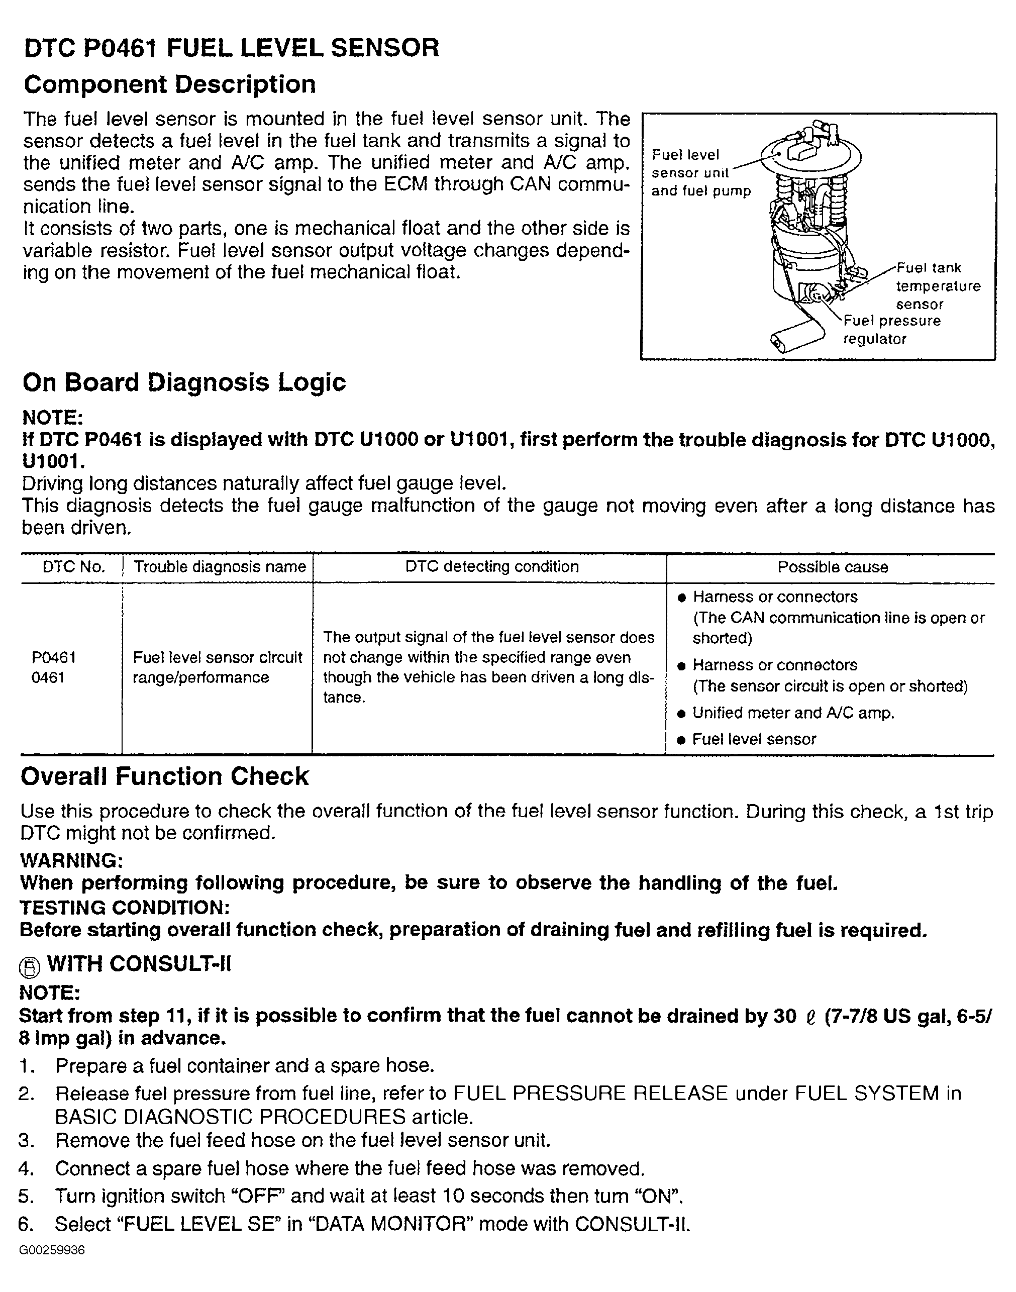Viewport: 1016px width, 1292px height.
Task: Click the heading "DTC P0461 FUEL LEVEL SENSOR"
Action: (x=232, y=48)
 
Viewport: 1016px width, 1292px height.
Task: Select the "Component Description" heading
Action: (x=169, y=84)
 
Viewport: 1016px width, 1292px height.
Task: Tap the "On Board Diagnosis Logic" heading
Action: (x=184, y=382)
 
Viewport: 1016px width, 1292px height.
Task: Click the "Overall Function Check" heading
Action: (x=165, y=776)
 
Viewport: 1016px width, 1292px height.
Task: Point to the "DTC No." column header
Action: (x=74, y=567)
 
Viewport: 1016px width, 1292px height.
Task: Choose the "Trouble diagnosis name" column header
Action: (x=220, y=567)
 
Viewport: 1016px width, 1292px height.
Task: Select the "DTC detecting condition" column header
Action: (x=492, y=567)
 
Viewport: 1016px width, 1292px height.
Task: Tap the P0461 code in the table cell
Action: (x=54, y=657)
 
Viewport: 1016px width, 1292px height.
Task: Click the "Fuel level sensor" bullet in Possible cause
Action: (x=754, y=739)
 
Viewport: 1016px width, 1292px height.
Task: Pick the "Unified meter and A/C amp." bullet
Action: (x=793, y=713)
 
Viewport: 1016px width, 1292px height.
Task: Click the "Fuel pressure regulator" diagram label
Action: (x=892, y=330)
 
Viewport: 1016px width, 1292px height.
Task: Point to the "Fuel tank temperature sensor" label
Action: (x=938, y=286)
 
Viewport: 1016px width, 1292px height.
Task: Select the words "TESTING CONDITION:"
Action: (x=124, y=907)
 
